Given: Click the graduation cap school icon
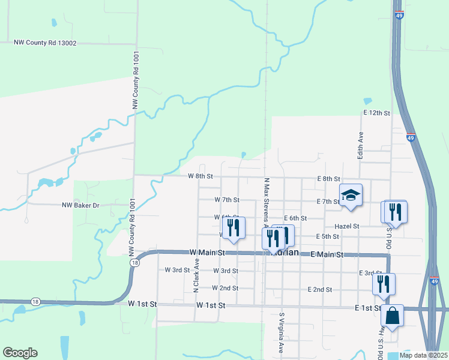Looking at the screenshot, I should tap(351, 195).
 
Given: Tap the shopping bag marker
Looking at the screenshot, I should tap(392, 316).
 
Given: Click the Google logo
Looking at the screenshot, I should tap(20, 353).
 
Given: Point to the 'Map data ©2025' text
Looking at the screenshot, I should tap(423, 355).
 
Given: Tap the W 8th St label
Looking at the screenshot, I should tap(200, 176).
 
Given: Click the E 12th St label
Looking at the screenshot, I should tap(376, 113).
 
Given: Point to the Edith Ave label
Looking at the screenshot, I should tap(361, 145).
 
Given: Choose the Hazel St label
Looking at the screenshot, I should tap(348, 226).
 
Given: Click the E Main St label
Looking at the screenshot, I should tap(327, 254).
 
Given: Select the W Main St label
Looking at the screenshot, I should tap(206, 253).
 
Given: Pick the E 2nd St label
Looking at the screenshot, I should tap(319, 289).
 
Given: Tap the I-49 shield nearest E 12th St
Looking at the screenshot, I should tap(411, 137).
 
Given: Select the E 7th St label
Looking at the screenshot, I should tap(328, 202).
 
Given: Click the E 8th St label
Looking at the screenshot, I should tap(328, 179).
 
